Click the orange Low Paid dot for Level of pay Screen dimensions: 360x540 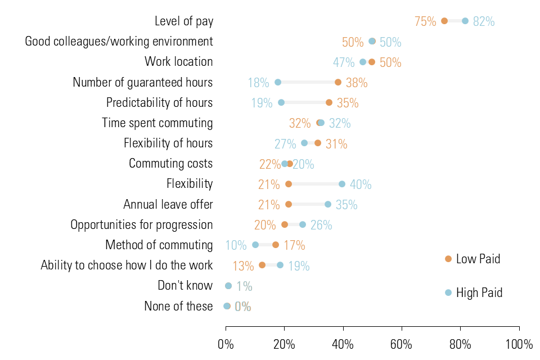[x=444, y=21]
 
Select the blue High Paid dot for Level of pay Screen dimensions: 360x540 [x=465, y=21]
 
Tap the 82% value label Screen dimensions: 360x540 [x=484, y=22]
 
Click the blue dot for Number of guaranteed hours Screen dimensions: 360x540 [x=278, y=83]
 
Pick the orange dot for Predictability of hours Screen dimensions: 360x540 [x=329, y=102]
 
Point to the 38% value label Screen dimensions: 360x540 [x=357, y=83]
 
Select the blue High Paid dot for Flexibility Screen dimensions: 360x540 [x=342, y=184]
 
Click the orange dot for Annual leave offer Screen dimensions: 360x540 [x=289, y=204]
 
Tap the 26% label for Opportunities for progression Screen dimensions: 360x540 [x=321, y=225]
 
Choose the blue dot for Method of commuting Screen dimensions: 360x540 [x=255, y=245]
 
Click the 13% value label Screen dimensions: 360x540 [x=244, y=265]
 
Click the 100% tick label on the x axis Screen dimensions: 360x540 [x=519, y=344]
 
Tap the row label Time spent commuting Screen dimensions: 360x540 [x=157, y=123]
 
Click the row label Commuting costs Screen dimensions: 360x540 [x=170, y=163]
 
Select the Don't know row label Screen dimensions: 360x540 [x=185, y=286]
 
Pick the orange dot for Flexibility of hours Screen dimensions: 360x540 [x=318, y=143]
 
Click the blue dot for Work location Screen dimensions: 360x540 [x=363, y=62]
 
